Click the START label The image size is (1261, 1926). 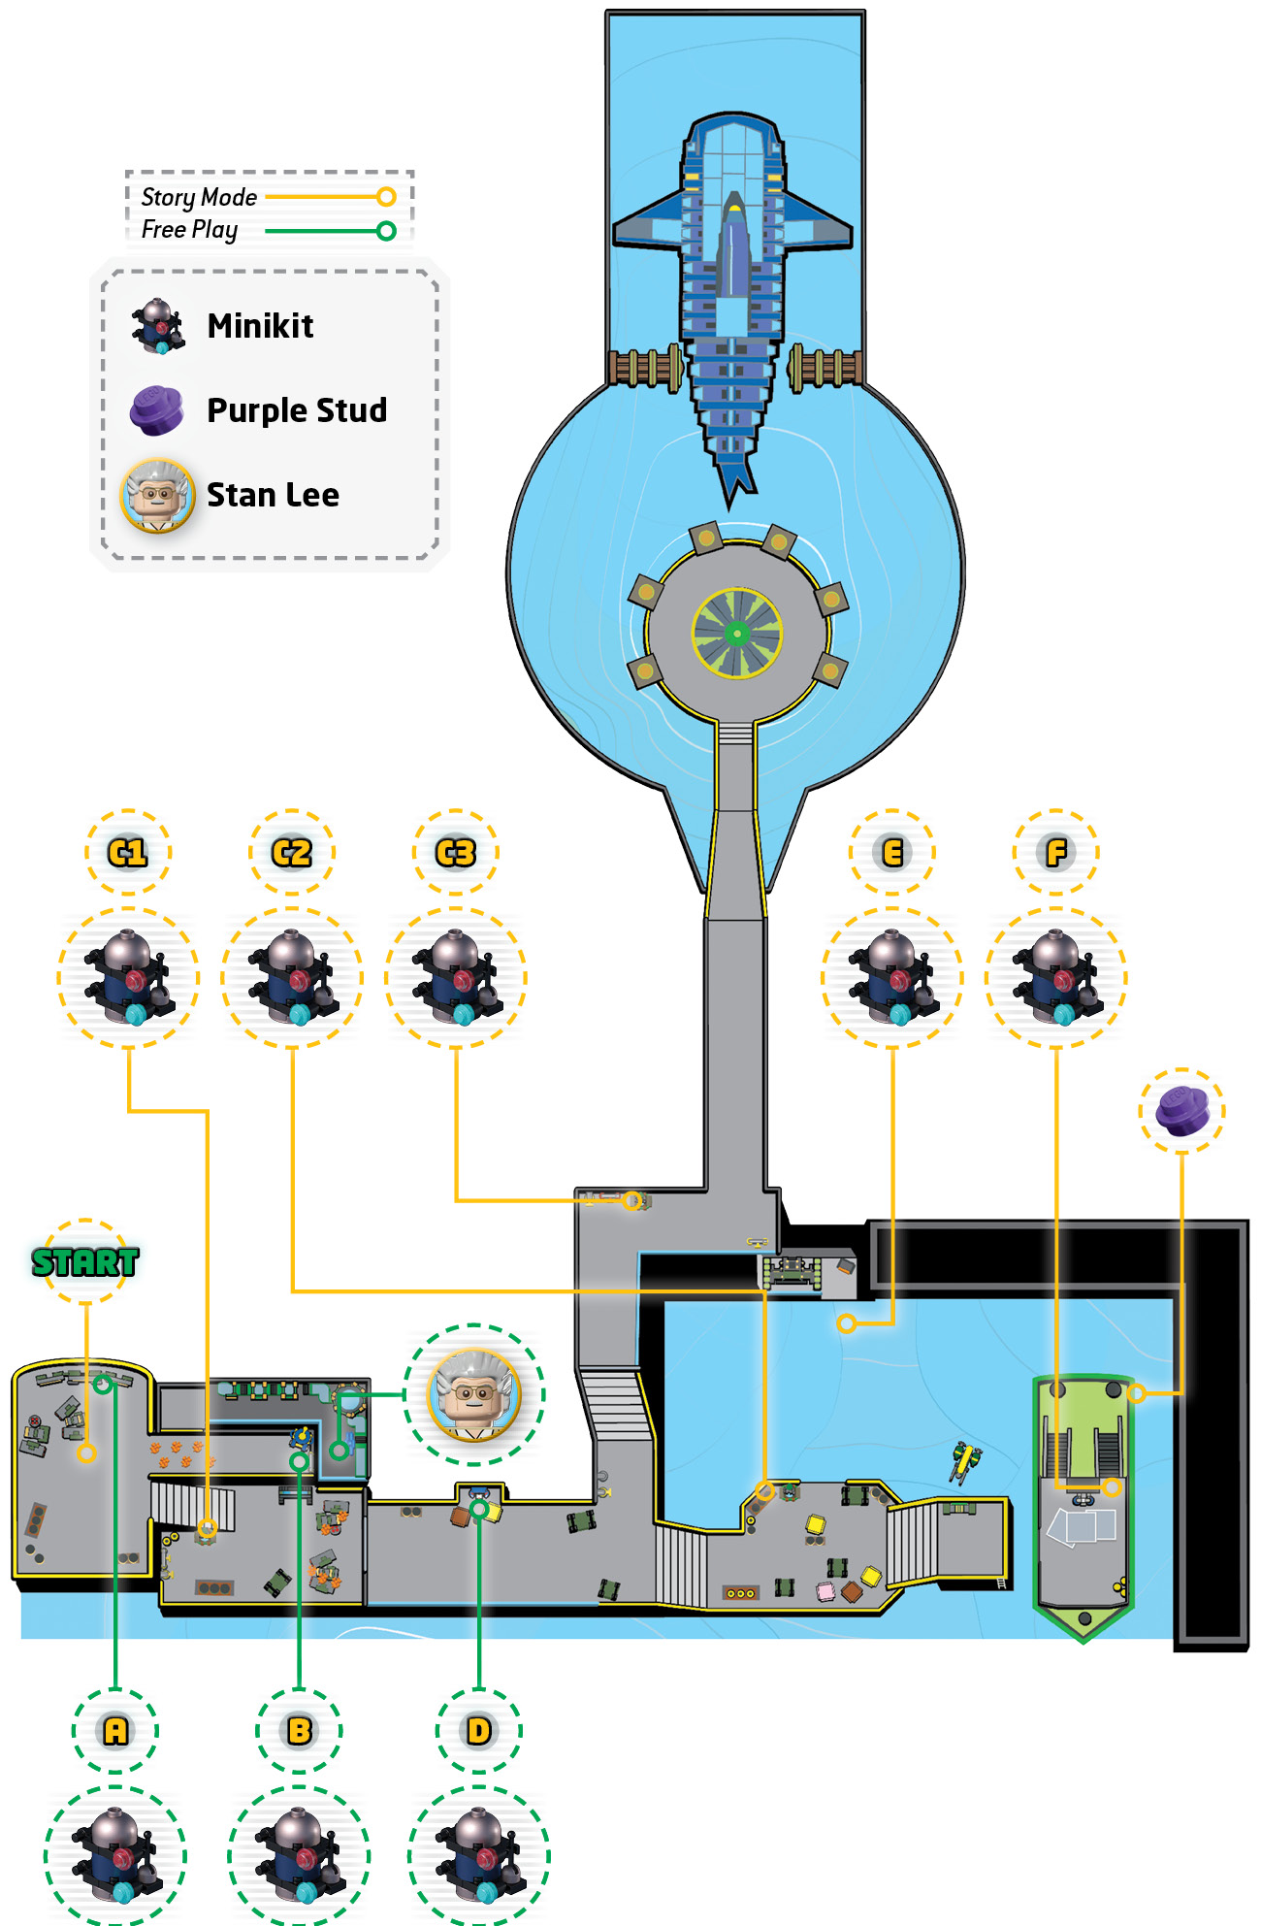tap(85, 1261)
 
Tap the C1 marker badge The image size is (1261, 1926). tap(128, 853)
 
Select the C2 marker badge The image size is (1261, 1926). tap(292, 853)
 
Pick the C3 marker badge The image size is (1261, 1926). tap(456, 853)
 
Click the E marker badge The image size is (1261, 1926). tap(892, 853)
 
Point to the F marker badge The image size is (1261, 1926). tap(1056, 853)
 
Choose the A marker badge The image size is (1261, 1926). tap(115, 1730)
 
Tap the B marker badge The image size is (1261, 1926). tap(299, 1730)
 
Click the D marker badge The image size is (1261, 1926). tap(479, 1730)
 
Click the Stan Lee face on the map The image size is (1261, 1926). tap(474, 1394)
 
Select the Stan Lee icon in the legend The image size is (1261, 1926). tap(157, 495)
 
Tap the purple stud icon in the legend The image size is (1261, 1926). tap(156, 409)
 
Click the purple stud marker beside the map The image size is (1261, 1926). tap(1181, 1111)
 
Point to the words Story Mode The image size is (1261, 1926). tap(199, 197)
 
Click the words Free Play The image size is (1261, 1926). tap(189, 230)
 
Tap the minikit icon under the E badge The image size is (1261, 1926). tap(892, 977)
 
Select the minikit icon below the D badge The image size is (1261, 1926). tap(479, 1855)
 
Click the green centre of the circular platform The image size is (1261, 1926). tap(737, 634)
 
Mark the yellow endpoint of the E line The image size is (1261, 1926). tap(847, 1323)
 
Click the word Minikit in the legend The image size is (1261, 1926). tap(260, 326)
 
